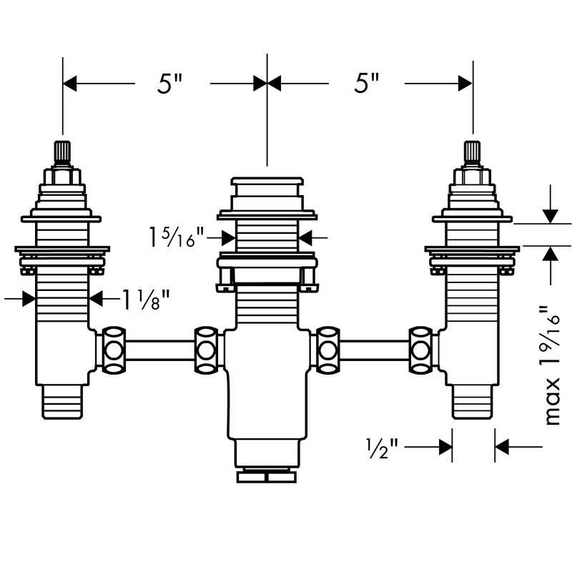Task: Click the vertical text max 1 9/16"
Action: (552, 365)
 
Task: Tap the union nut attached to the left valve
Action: (113, 350)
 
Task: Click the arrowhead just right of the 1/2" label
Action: (446, 447)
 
